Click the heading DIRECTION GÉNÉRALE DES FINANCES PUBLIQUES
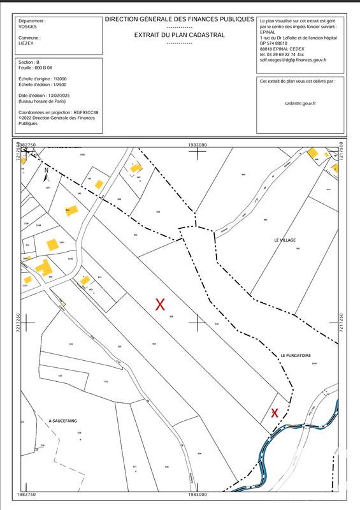179,20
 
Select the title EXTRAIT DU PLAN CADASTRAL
179,35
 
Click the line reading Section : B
29,62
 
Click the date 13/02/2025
57,95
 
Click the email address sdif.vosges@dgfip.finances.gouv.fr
292,60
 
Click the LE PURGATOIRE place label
295,354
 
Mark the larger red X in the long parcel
161,304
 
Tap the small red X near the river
275,412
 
